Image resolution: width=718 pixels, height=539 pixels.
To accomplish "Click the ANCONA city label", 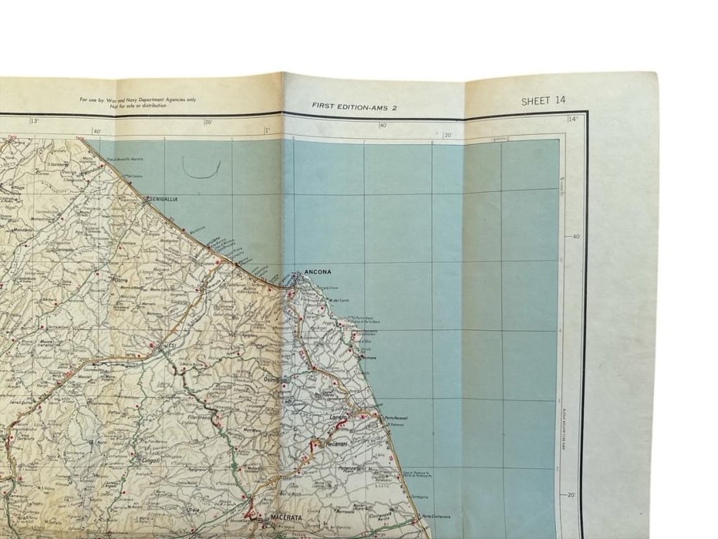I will pos(318,272).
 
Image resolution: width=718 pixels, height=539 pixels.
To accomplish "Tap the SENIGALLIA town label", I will pos(162,199).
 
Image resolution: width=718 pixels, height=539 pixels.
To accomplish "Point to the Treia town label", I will pos(194,510).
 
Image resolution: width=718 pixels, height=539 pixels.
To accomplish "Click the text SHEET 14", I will pos(543,101).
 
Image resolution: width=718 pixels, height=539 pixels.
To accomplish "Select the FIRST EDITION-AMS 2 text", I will pos(354,106).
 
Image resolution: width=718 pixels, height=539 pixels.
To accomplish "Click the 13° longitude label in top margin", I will pos(34,121).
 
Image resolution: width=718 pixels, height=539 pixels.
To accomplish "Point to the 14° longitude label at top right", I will pos(573,119).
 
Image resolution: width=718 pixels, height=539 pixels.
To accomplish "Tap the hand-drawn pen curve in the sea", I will pos(201,168).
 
